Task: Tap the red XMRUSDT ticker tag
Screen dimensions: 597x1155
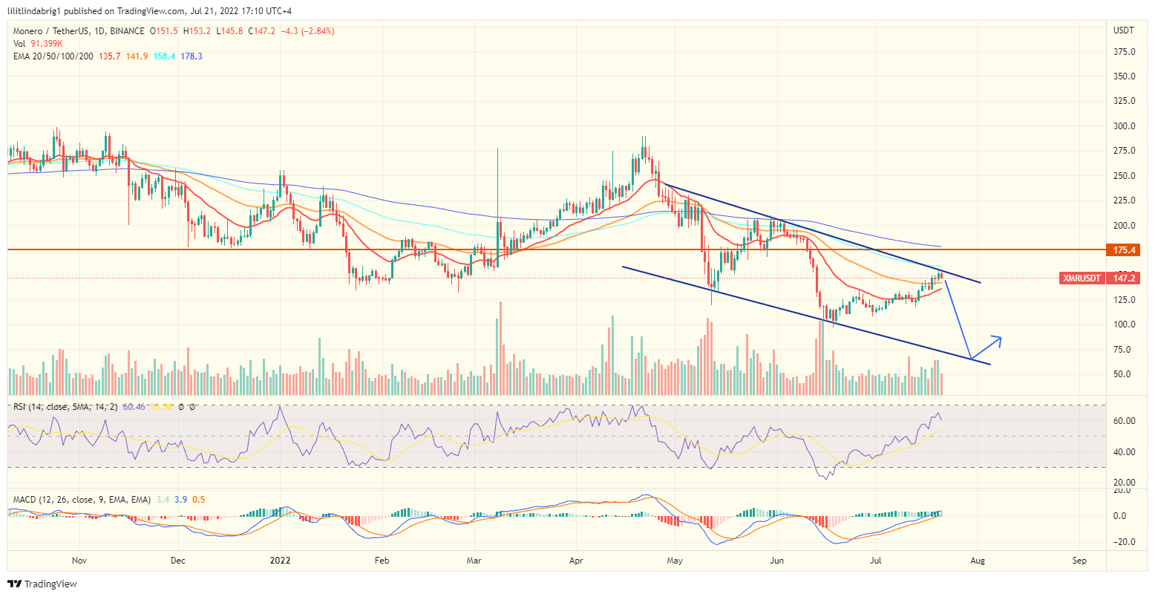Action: click(1081, 278)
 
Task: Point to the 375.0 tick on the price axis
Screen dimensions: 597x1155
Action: click(1124, 52)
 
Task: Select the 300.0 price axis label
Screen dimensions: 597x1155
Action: click(1124, 126)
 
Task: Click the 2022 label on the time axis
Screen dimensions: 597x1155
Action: click(280, 561)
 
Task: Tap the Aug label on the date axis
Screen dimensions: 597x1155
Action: click(978, 561)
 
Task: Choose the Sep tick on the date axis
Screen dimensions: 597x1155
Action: click(1079, 561)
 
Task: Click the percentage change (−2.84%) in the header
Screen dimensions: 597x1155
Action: click(314, 31)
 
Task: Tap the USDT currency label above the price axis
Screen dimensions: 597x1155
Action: click(1124, 30)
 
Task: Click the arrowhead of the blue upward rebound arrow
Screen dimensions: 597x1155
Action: click(999, 339)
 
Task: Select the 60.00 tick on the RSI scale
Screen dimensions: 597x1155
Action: click(1124, 421)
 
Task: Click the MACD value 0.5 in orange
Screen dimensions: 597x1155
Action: click(198, 500)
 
